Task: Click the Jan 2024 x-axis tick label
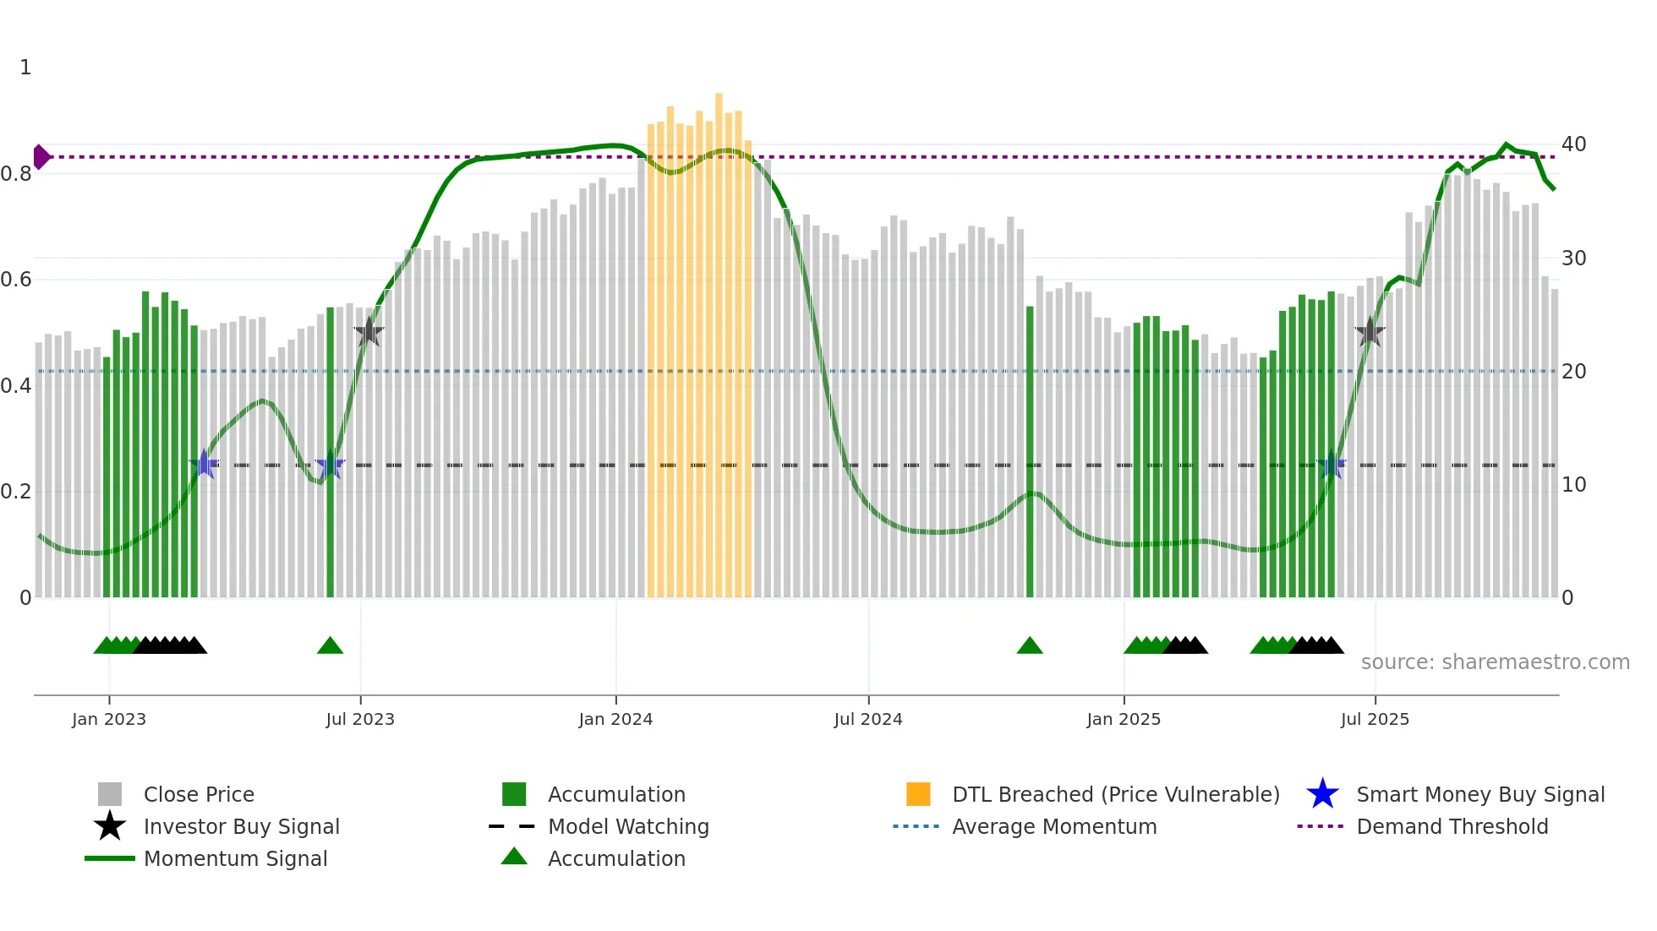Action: [615, 719]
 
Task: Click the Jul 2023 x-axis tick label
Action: [360, 719]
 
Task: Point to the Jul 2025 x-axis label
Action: [1375, 719]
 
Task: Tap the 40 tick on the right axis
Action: [1573, 144]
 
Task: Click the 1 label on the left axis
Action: [25, 68]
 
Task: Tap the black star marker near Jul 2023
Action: [369, 332]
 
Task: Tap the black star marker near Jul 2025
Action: [1370, 332]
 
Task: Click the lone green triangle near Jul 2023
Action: [330, 646]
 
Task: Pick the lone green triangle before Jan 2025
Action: [1030, 646]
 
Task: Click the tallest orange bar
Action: [719, 338]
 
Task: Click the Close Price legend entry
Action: [199, 794]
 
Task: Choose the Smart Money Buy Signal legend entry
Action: [1479, 794]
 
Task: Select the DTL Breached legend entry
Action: [1115, 794]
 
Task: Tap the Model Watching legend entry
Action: [628, 826]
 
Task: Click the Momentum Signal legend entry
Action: [235, 858]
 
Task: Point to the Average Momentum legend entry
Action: [1053, 826]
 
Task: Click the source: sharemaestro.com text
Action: [1495, 662]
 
